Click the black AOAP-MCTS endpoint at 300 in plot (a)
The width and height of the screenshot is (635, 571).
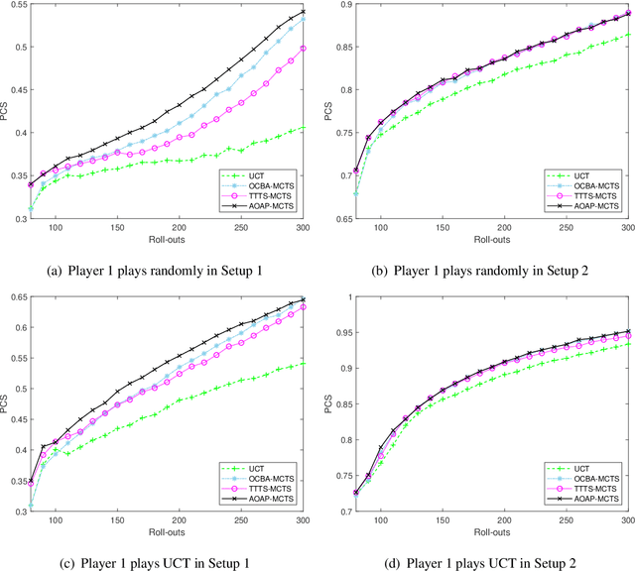point(303,12)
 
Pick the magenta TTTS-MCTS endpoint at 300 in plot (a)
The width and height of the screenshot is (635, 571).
point(303,48)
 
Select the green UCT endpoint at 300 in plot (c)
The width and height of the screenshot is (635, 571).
point(303,363)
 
